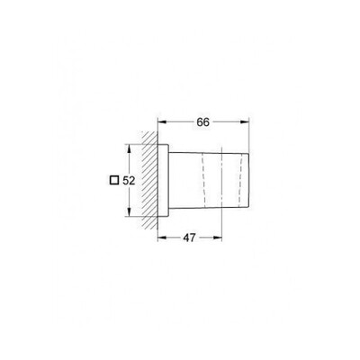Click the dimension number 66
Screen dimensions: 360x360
coord(202,122)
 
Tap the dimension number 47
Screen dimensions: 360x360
coord(189,238)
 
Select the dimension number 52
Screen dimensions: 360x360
coord(129,181)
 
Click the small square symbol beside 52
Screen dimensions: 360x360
coord(114,180)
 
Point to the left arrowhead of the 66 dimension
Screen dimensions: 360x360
coord(162,121)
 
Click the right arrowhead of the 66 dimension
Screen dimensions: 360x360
coord(245,121)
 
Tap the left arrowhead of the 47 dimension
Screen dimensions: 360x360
coord(162,238)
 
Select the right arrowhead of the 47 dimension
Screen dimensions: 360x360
coord(218,238)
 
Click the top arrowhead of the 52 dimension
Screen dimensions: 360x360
coord(129,148)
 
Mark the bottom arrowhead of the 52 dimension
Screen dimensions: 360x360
coord(129,211)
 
